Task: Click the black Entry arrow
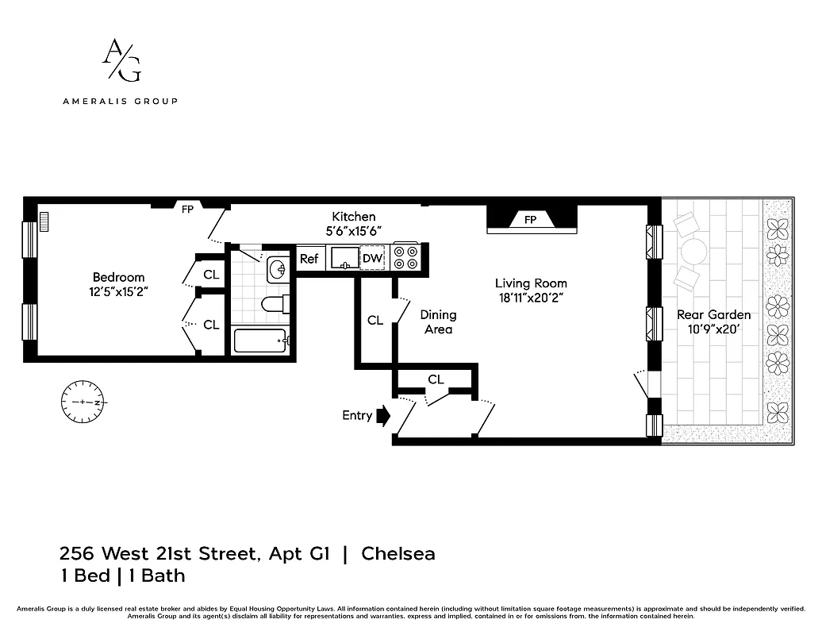click(x=385, y=415)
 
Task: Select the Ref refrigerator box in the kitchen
click(x=309, y=258)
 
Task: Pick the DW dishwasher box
click(x=372, y=258)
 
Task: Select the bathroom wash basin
click(x=278, y=271)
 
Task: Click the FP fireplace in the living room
click(x=531, y=219)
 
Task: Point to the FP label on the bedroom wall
click(x=187, y=210)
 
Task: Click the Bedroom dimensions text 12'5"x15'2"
click(x=119, y=291)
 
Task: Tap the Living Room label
click(x=531, y=283)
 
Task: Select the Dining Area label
click(x=438, y=321)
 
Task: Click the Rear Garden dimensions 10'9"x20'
click(x=713, y=329)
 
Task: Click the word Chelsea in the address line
click(x=398, y=553)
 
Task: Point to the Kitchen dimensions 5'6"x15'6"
click(x=353, y=230)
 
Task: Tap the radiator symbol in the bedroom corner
click(x=44, y=221)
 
